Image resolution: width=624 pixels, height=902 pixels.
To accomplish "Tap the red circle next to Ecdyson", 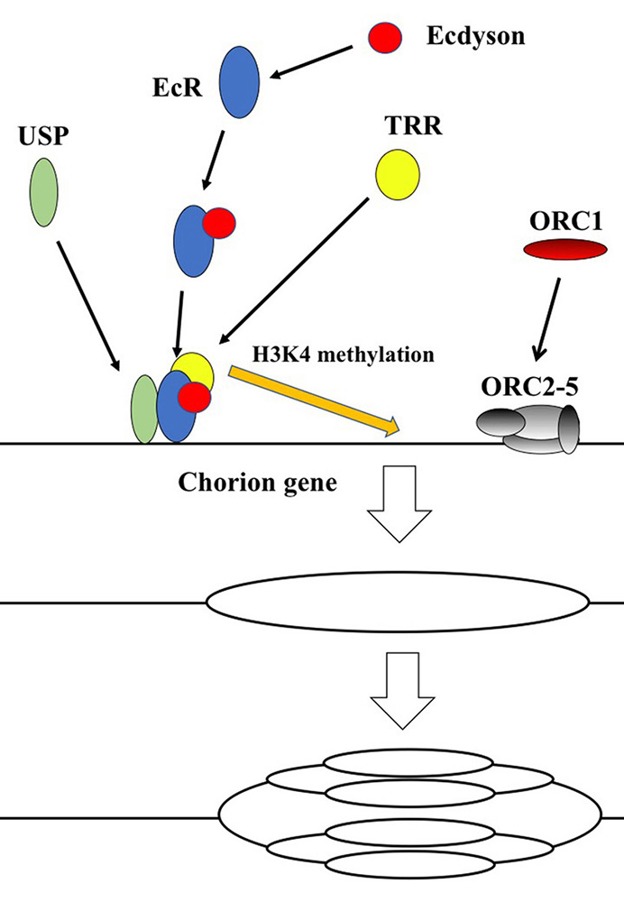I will tap(381, 38).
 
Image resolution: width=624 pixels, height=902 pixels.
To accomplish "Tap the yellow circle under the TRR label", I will tap(397, 172).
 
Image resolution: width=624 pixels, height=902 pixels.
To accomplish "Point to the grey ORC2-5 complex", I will tap(533, 425).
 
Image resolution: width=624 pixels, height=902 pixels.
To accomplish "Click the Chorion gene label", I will tap(258, 483).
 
